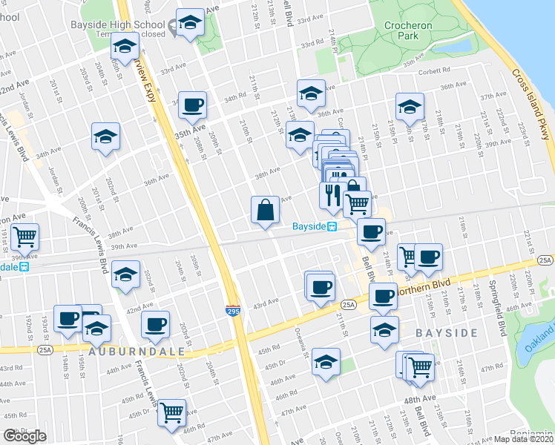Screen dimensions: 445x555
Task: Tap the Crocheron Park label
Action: [x=408, y=30]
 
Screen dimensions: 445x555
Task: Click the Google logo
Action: [x=24, y=436]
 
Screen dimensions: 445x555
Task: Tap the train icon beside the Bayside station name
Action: [x=334, y=227]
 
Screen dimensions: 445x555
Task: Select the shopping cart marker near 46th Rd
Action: [x=172, y=412]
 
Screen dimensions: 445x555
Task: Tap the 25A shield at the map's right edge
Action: [x=545, y=260]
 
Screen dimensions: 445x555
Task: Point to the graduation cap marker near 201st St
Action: [x=106, y=136]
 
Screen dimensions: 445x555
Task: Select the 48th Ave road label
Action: [x=420, y=399]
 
